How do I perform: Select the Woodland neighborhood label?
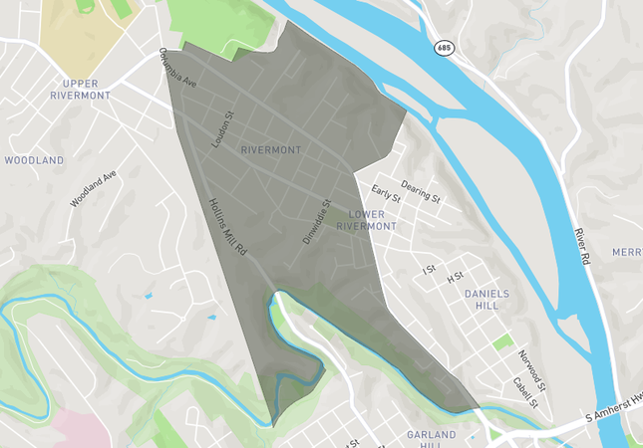tap(34, 159)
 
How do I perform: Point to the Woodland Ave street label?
tap(94, 188)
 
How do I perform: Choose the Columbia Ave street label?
tap(178, 69)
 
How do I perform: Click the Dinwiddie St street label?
tap(316, 221)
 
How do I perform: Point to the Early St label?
tap(385, 192)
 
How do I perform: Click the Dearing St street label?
tap(421, 189)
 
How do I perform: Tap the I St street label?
tap(430, 269)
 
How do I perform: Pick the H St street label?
tap(456, 276)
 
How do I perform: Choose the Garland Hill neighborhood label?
tap(432, 440)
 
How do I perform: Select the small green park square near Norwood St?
tap(503, 342)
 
